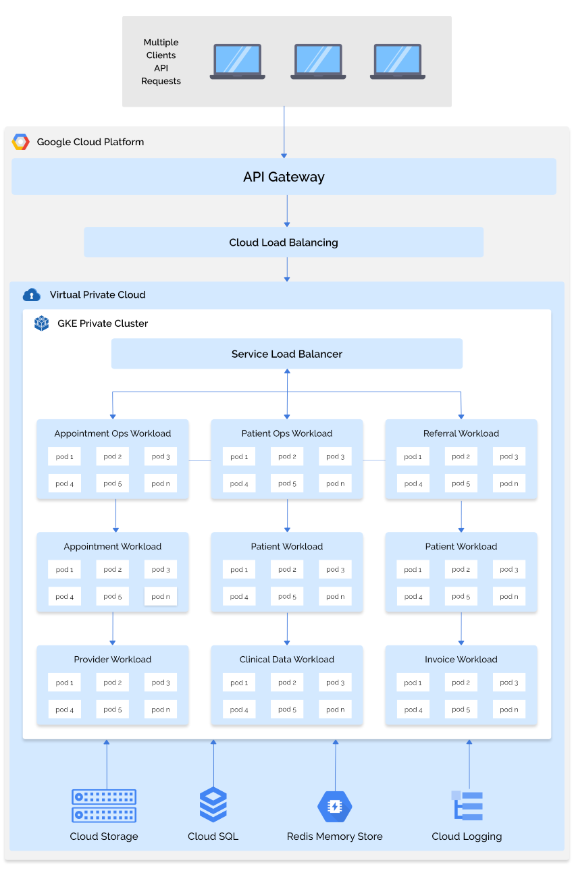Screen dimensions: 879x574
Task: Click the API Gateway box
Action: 284,177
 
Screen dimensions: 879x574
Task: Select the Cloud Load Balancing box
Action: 284,242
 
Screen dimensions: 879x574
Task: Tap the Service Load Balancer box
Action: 286,354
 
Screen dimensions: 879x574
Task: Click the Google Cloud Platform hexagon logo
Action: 21,142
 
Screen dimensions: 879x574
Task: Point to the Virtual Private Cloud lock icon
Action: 32,295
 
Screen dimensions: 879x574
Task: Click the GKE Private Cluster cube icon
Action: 42,323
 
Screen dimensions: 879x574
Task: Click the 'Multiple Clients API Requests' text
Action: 161,61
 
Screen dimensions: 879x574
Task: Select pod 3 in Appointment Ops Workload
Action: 161,456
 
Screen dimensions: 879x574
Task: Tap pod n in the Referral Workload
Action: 509,483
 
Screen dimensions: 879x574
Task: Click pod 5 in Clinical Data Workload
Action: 287,709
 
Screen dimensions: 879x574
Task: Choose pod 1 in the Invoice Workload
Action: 413,683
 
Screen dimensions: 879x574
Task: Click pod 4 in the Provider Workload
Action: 65,709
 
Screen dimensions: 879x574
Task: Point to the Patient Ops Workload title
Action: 287,433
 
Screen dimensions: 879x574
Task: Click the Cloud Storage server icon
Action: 104,805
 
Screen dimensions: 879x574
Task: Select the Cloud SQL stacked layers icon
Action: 213,805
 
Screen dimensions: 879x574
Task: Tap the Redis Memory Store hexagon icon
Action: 335,806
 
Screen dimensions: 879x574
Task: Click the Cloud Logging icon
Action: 467,805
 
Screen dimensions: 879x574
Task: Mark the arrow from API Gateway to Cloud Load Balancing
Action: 287,211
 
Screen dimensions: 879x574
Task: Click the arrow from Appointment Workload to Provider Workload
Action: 113,629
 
